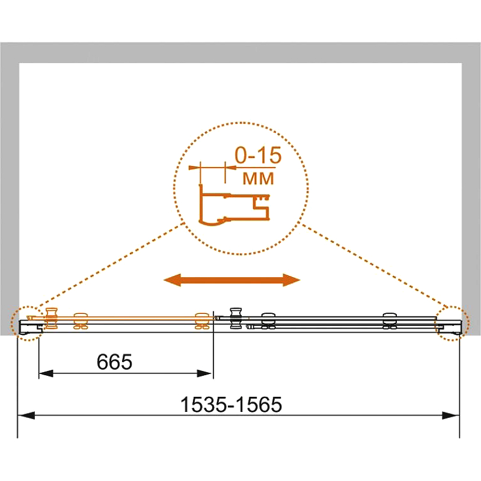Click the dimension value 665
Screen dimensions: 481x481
(x=114, y=362)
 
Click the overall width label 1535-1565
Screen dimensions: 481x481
(x=231, y=404)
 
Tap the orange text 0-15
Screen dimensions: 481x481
(x=258, y=155)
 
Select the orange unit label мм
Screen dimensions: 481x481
(x=258, y=179)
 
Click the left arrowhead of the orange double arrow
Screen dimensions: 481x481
(x=172, y=280)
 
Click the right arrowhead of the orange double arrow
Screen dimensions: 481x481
(x=292, y=280)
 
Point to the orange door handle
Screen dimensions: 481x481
(x=51, y=319)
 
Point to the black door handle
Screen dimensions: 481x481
(x=236, y=319)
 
